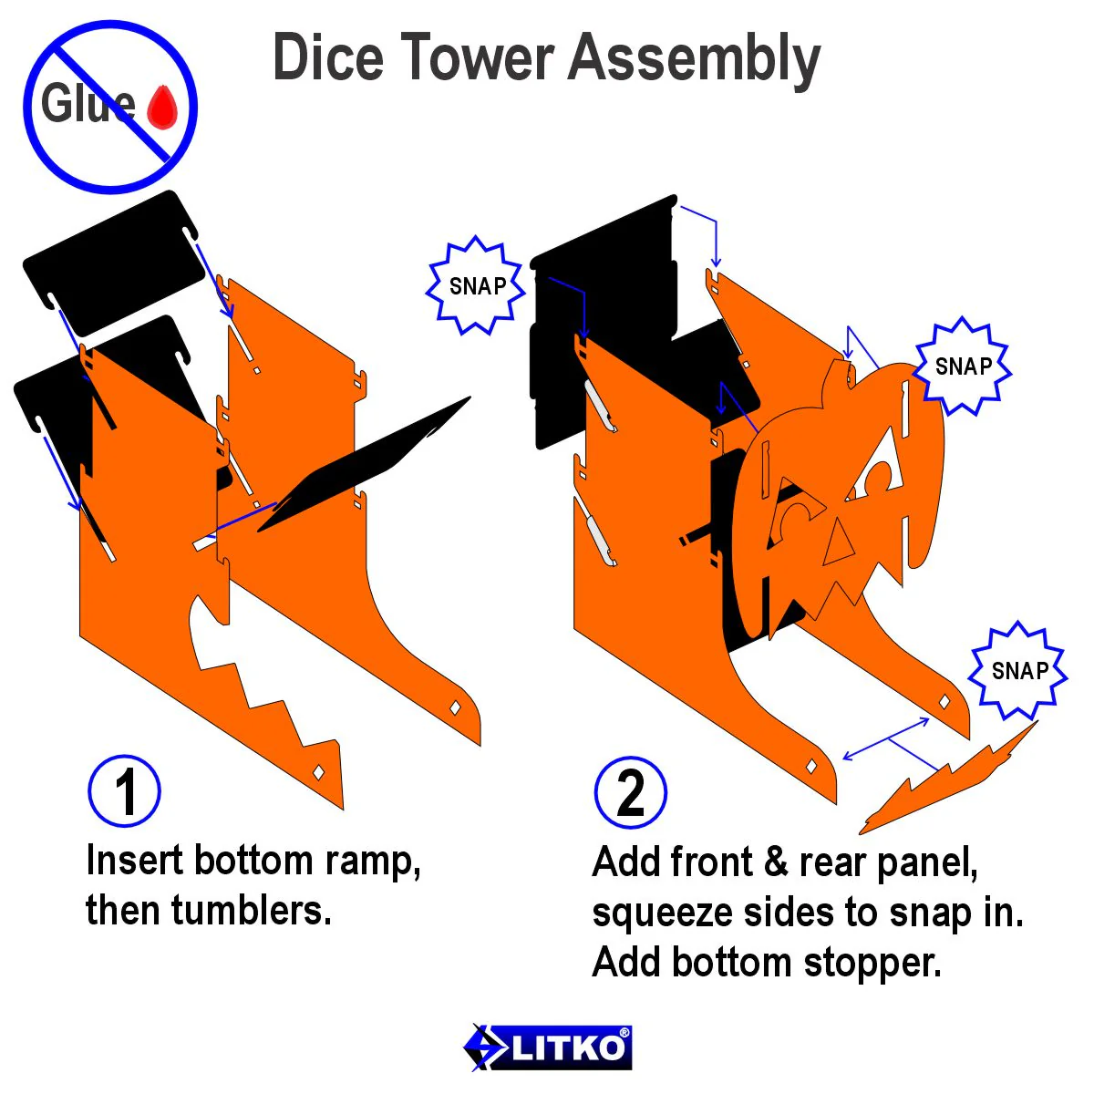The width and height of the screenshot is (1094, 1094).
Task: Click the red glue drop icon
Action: click(x=162, y=108)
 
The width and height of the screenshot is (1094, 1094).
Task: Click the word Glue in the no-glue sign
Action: click(x=88, y=103)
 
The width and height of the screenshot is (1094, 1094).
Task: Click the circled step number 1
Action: click(x=124, y=790)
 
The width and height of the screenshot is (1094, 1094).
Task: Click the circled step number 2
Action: click(x=630, y=793)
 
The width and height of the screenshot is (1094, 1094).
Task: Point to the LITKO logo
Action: click(x=547, y=1047)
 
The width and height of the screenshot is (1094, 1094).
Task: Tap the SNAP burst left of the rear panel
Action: click(x=477, y=285)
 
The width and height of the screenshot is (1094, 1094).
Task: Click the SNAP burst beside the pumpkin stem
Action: click(x=964, y=366)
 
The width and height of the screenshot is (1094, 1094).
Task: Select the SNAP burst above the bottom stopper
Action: click(x=1019, y=670)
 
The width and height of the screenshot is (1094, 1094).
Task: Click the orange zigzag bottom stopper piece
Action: click(x=947, y=781)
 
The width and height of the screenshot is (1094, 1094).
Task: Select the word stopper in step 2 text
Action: click(x=873, y=963)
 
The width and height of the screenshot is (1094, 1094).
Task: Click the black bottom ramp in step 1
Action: click(x=364, y=464)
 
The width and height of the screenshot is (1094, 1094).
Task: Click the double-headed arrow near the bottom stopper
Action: click(x=886, y=738)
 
